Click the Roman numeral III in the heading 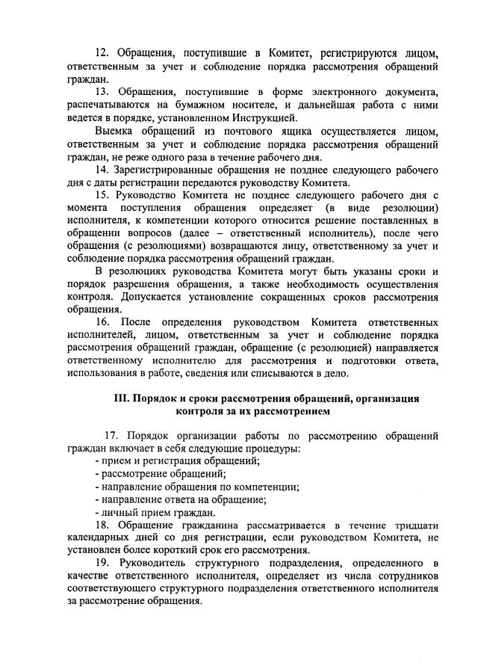(x=122, y=398)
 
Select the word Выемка (x=115, y=132)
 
